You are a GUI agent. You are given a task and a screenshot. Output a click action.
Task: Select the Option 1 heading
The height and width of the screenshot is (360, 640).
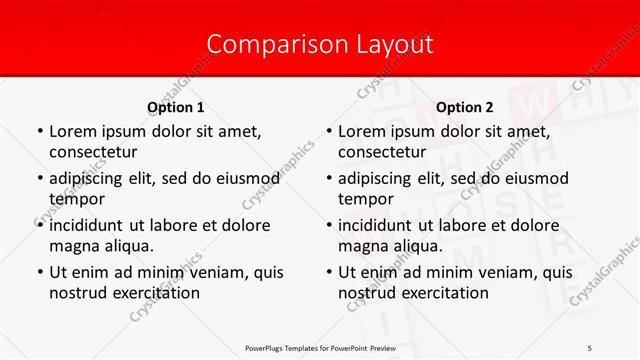coord(175,107)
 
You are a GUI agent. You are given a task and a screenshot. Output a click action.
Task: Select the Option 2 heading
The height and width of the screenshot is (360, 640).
coord(464,107)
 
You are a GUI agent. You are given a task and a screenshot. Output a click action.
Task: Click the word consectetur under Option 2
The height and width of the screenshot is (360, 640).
coord(382,152)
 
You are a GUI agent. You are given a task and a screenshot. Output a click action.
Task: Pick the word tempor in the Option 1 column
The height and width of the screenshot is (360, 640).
coord(76,199)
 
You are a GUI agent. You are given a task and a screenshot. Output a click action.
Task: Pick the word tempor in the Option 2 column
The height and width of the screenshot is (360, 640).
coord(365,199)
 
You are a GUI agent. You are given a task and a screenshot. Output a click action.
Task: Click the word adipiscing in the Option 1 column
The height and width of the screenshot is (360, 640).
coord(94,177)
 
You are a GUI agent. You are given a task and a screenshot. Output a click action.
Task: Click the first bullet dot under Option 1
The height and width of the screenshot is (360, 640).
coord(38,131)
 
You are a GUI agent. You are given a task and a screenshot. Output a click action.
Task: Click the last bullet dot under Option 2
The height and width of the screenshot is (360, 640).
coord(327,272)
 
